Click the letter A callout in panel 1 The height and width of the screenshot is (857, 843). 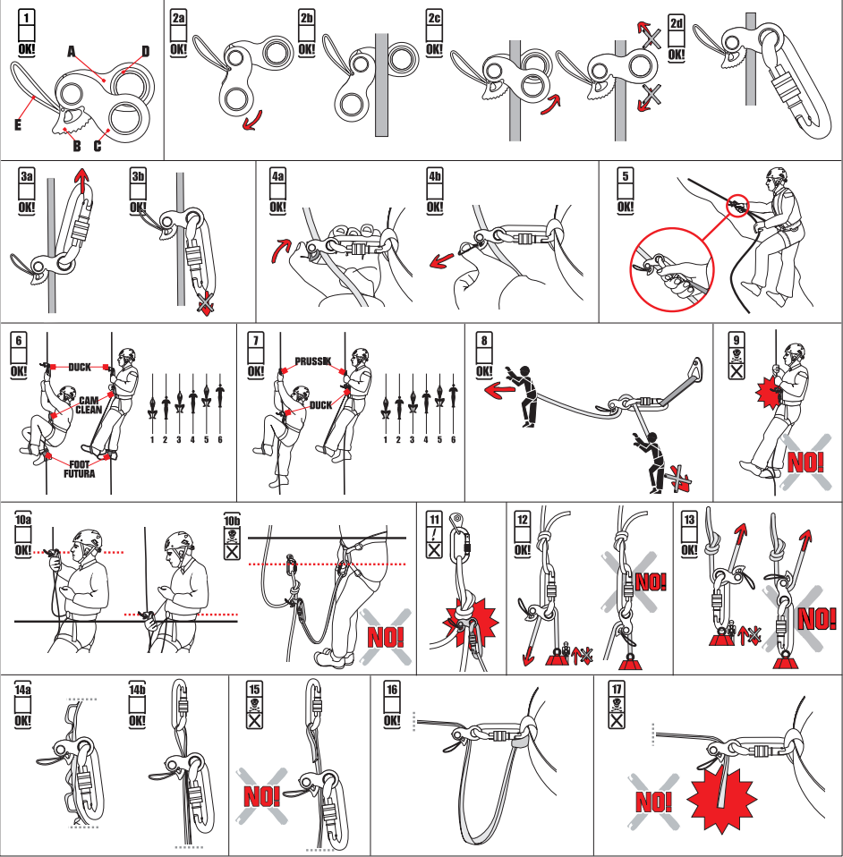click(71, 52)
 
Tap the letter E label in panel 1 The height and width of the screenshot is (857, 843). click(17, 125)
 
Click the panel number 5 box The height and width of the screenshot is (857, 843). click(625, 174)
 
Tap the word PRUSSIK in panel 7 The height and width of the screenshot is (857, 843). click(312, 362)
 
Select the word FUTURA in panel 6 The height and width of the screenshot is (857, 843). click(80, 473)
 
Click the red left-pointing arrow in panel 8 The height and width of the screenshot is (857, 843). click(490, 391)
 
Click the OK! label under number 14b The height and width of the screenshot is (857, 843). click(137, 719)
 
